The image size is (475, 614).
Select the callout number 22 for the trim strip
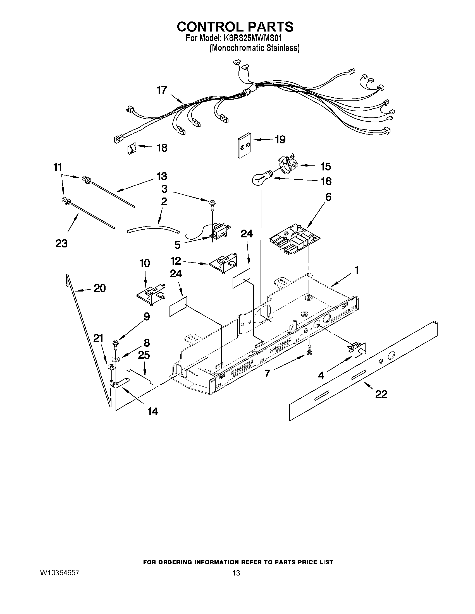381,394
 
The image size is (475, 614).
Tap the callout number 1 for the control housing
356,270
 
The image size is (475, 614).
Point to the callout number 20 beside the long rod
100,288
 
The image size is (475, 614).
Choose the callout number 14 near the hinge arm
152,411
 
